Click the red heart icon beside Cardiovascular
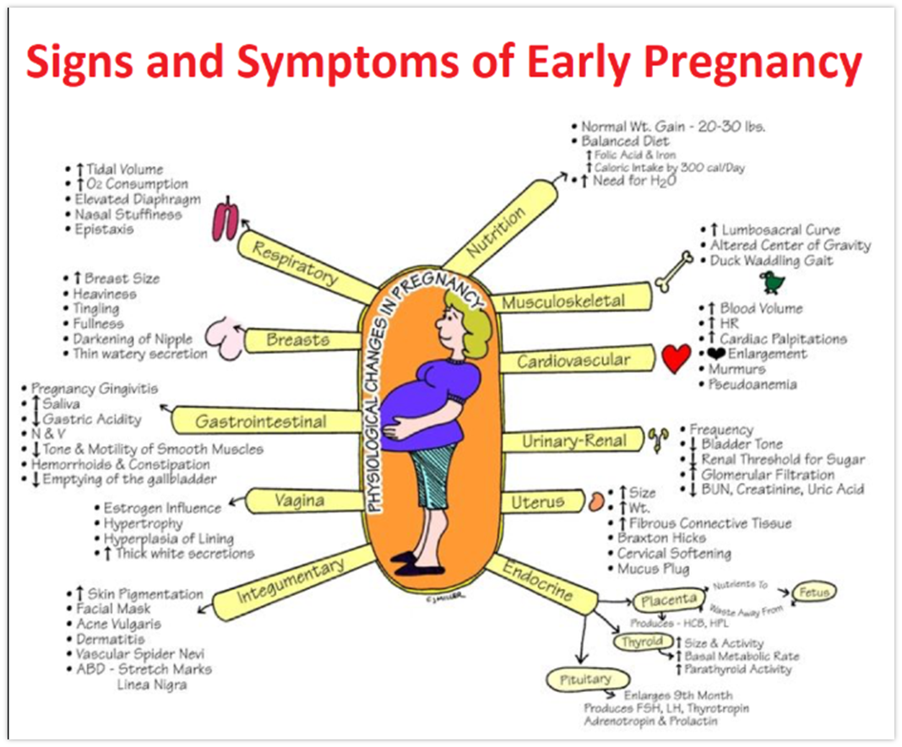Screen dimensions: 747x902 coord(676,359)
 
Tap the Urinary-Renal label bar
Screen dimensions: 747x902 coord(574,441)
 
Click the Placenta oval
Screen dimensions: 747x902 coord(668,601)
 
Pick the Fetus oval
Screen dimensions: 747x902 coord(814,593)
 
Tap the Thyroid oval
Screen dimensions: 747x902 coord(643,642)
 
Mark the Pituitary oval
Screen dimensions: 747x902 coord(584,679)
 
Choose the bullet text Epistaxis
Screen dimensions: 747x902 coord(103,230)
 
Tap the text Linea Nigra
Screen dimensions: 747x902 coord(152,685)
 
